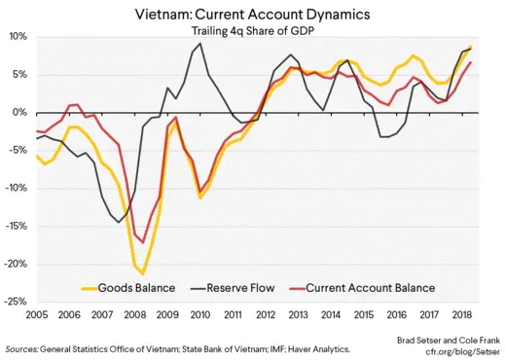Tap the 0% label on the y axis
click(x=21, y=112)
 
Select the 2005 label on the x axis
click(x=37, y=315)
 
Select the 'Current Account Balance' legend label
click(x=371, y=287)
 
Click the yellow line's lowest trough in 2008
click(x=143, y=273)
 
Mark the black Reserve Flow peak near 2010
click(x=200, y=44)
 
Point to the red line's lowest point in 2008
click(x=143, y=242)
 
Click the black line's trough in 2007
click(x=120, y=223)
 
